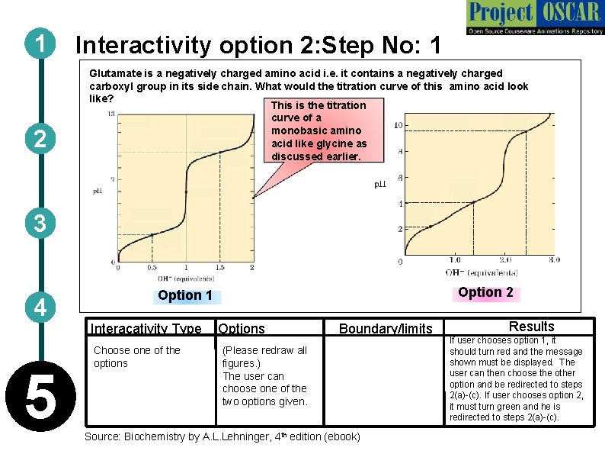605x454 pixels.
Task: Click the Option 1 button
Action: point(185,296)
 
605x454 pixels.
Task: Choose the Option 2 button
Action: point(485,292)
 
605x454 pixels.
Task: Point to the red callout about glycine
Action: point(318,130)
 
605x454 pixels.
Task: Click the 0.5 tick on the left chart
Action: point(152,268)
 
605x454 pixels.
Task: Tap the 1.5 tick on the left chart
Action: point(219,268)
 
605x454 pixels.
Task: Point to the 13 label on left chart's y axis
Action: point(111,114)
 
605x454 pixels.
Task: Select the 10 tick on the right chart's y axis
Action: point(399,125)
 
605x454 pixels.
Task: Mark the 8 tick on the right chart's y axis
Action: point(400,151)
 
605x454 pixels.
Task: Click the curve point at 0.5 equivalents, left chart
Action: point(152,235)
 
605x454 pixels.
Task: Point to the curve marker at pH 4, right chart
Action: point(474,202)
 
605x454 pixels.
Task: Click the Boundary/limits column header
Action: point(385,329)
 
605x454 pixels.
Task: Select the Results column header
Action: point(531,327)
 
